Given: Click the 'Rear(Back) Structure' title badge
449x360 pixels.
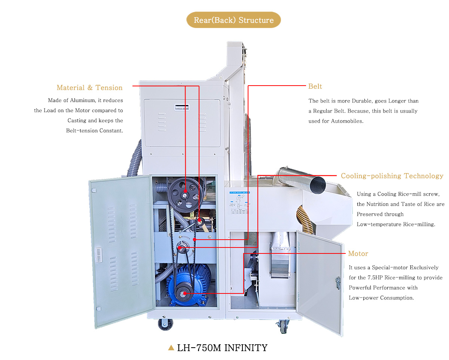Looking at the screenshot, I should (233, 20).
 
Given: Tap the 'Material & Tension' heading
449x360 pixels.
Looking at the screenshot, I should (89, 87).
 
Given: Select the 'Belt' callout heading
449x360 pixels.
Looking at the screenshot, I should (315, 86).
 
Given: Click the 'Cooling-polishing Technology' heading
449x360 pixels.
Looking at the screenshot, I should (392, 176).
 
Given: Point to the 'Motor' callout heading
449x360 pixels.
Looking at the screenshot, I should (358, 253).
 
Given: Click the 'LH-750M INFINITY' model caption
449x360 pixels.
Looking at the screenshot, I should (222, 348).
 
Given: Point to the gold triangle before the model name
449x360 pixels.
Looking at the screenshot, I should (171, 348).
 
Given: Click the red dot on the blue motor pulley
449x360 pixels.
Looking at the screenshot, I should (184, 294).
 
